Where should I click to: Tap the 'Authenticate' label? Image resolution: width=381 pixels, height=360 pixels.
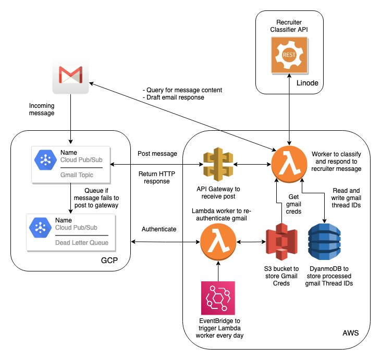coord(158,229)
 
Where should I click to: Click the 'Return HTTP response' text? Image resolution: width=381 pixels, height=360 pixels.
coord(155,178)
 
